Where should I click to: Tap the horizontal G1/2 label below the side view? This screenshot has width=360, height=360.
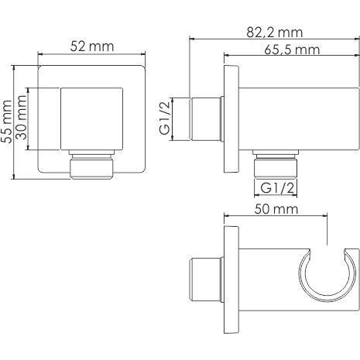[x=276, y=187]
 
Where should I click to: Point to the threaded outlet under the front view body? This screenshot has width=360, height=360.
[x=91, y=165]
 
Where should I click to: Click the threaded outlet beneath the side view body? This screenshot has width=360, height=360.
[x=276, y=164]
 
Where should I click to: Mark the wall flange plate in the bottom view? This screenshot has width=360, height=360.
[x=230, y=275]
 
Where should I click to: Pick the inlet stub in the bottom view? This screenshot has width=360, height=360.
[x=204, y=274]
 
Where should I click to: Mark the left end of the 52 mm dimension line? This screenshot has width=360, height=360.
[x=39, y=56]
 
